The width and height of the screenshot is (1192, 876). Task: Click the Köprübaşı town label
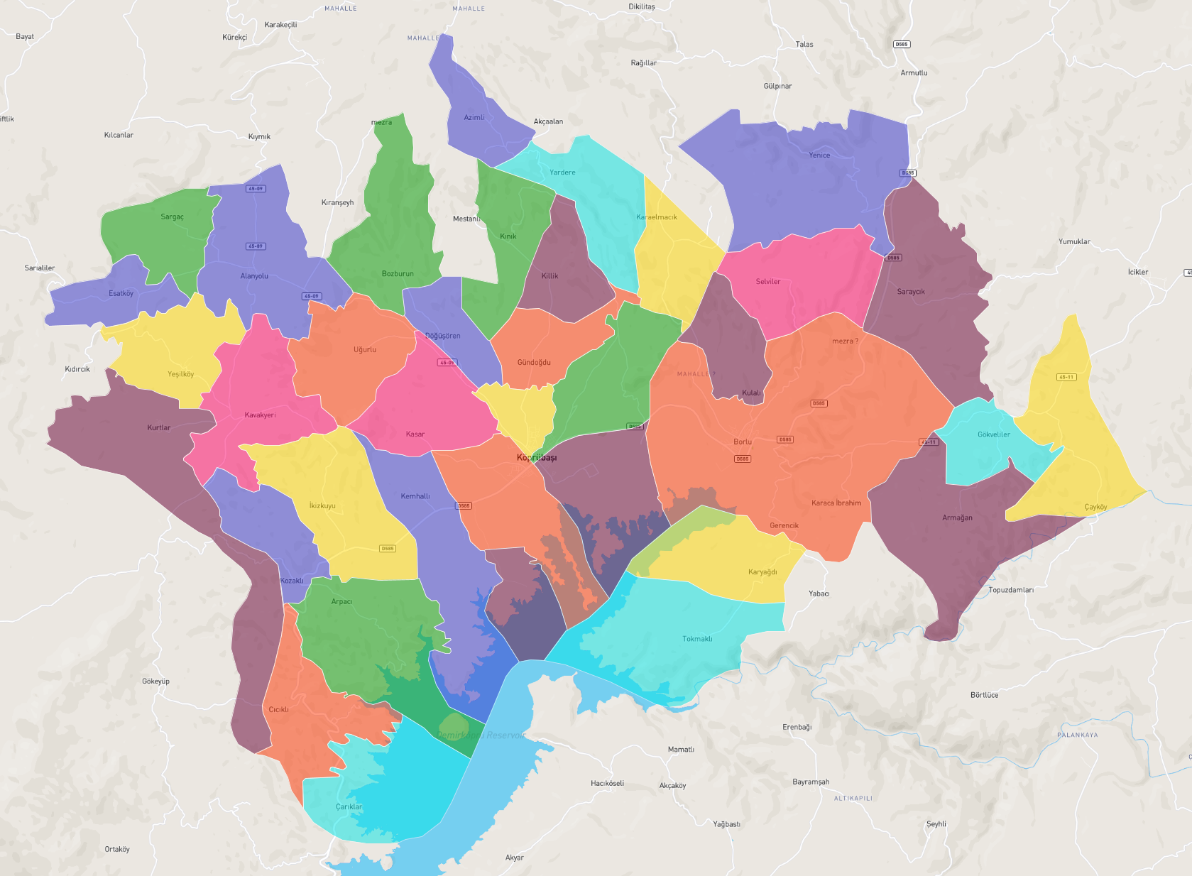point(537,457)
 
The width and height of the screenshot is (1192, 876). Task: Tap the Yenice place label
point(819,155)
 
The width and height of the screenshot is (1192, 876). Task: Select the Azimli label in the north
point(474,117)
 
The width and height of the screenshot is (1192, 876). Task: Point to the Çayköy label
point(1095,507)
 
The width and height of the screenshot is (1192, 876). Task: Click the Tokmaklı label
point(697,639)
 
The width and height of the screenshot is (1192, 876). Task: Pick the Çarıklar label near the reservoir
point(349,806)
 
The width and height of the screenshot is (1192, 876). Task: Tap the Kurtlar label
point(159,427)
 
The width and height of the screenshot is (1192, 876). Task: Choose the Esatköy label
point(121,293)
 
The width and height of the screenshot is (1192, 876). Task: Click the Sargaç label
point(172,217)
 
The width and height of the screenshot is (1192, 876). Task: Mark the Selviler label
point(767,282)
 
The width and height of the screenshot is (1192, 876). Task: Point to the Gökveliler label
point(993,434)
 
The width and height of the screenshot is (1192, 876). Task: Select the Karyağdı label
point(762,572)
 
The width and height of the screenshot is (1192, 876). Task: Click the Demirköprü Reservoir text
point(481,735)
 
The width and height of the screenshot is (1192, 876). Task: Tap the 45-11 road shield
point(1066,377)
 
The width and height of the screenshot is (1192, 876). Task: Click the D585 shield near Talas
point(901,44)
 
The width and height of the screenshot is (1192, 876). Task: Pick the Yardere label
point(562,173)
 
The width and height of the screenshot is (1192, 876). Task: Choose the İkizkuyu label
point(322,505)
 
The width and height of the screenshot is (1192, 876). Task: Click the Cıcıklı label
point(278,709)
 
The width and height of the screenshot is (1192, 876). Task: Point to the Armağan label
point(957,518)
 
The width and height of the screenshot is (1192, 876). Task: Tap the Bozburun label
point(398,273)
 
